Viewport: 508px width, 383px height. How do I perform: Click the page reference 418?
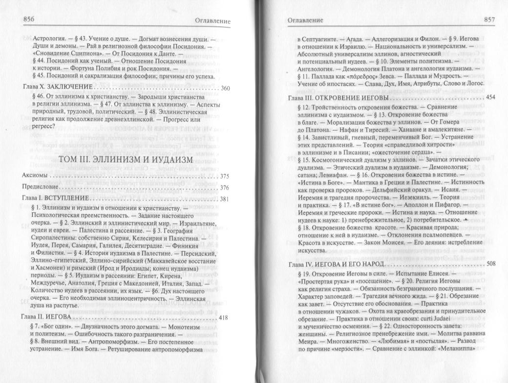pyautogui.click(x=224, y=318)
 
